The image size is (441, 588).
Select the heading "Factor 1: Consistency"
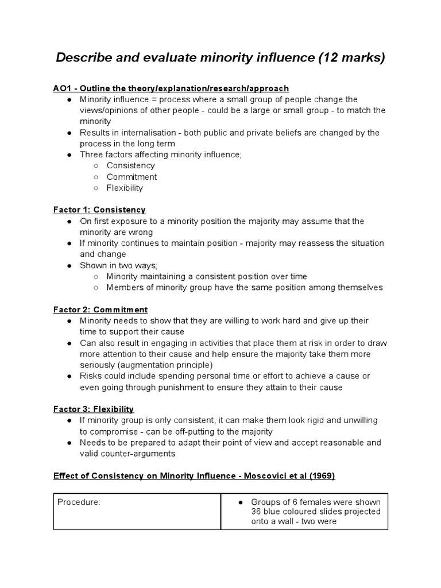[x=99, y=210]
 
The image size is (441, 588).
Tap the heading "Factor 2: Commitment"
[x=100, y=310]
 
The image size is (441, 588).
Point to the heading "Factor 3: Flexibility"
[x=94, y=409]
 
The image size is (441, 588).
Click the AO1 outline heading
[x=171, y=88]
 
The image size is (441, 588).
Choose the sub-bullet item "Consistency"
[x=131, y=166]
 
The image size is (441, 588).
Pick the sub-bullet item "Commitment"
[x=131, y=177]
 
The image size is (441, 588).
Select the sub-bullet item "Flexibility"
[x=125, y=188]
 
